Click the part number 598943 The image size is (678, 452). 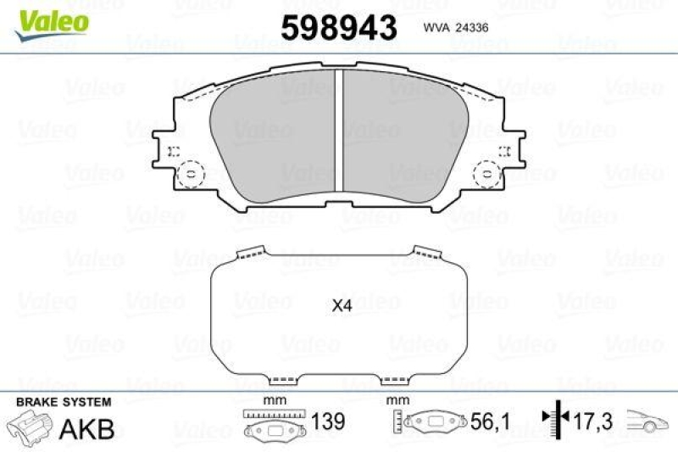pos(338,28)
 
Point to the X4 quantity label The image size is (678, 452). pos(341,306)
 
